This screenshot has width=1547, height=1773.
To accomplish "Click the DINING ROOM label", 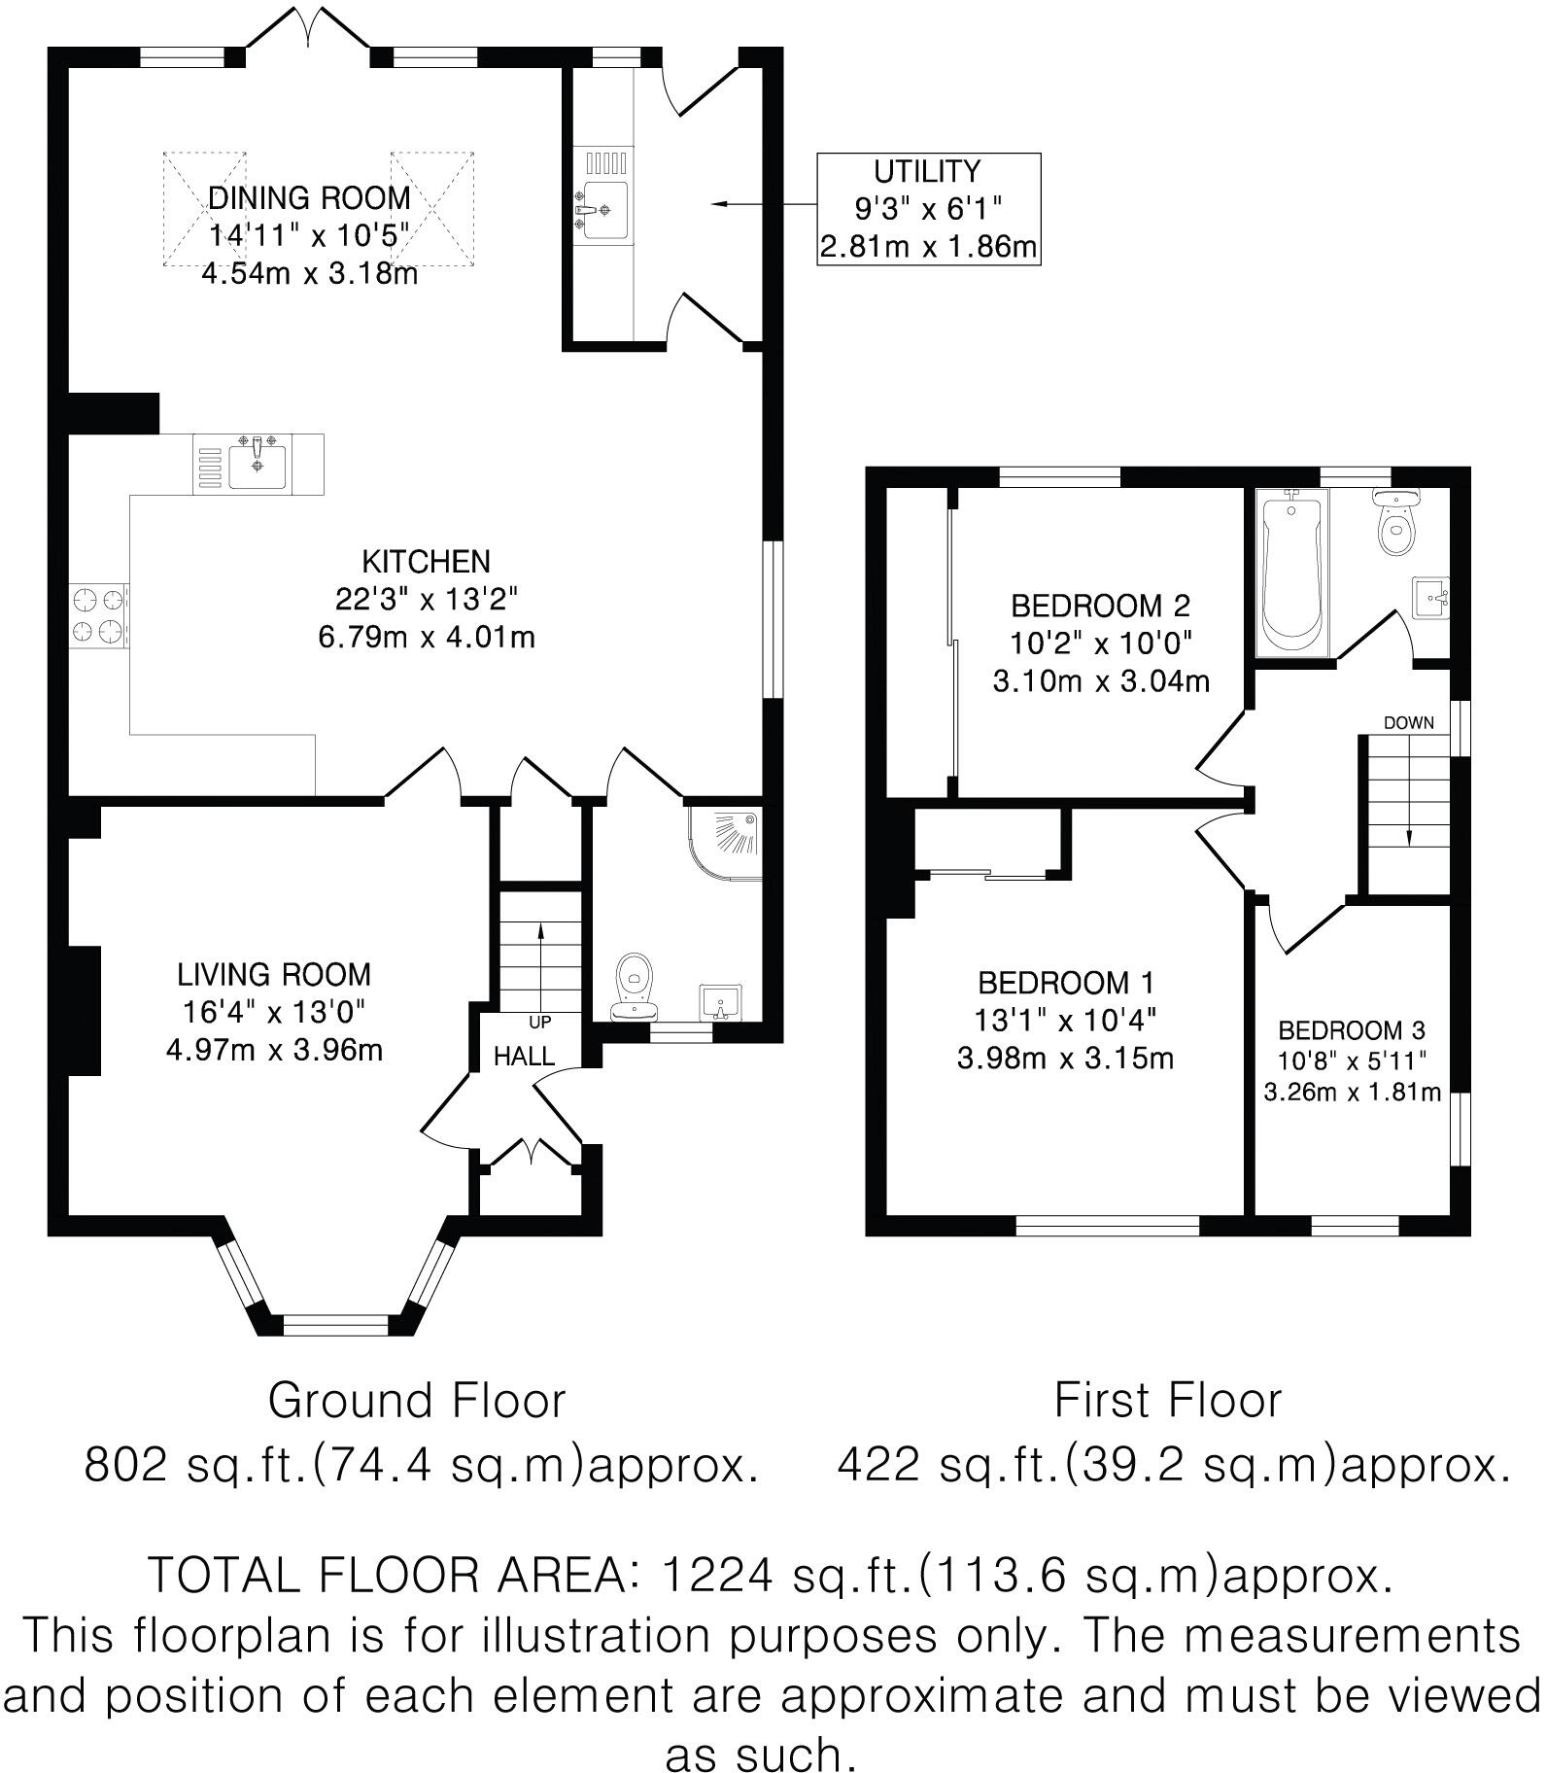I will click(x=309, y=198).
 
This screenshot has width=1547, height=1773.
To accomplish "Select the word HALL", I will click(x=524, y=1056).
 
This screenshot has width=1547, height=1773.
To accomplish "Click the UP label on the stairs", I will click(x=539, y=1022).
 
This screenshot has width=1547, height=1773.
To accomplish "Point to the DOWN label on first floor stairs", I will click(x=1409, y=722).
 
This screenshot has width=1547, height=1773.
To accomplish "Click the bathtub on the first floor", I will click(x=1291, y=571).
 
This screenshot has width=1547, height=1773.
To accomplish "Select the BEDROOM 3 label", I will click(x=1352, y=1029).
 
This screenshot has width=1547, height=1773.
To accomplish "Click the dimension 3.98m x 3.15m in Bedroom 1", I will click(x=1066, y=1059).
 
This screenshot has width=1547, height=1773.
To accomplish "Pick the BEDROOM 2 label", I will click(x=1100, y=606).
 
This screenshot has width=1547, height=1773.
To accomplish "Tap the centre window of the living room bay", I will click(x=334, y=1323).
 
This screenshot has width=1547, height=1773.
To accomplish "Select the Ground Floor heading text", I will click(x=416, y=1401).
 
